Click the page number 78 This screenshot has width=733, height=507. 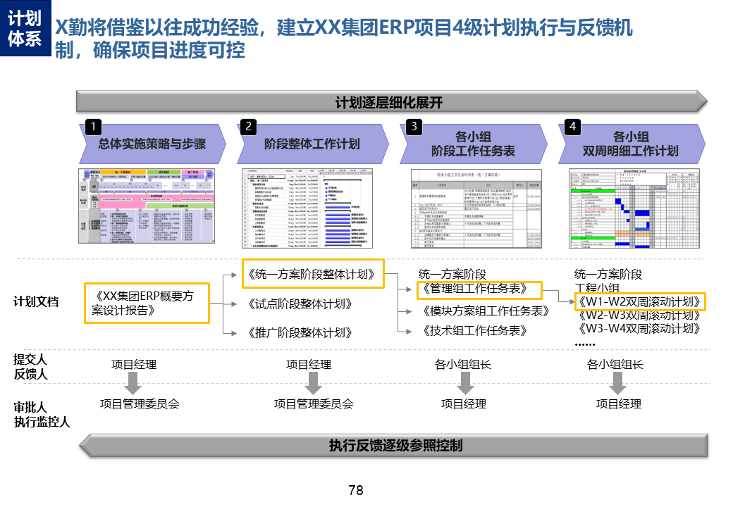pos(356,491)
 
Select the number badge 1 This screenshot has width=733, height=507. pos(92,127)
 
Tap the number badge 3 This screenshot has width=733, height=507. pos(415,127)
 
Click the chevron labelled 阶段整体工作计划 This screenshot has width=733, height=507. pos(312,144)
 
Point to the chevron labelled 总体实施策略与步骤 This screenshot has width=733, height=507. pos(152,144)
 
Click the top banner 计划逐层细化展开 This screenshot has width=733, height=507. pos(389,102)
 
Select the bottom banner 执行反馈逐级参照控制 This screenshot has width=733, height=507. pos(395,445)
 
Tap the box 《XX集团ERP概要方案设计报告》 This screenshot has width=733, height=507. pos(147,303)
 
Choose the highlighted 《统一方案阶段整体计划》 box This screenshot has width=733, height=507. pos(312,274)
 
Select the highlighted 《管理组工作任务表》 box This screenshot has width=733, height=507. pos(472,289)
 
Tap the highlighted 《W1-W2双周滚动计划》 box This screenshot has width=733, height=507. pos(639,302)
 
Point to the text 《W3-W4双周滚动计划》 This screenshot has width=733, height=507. pos(639,329)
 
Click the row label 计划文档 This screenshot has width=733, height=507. pos(36,302)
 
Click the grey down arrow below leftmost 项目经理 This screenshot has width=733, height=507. pos(133,384)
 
